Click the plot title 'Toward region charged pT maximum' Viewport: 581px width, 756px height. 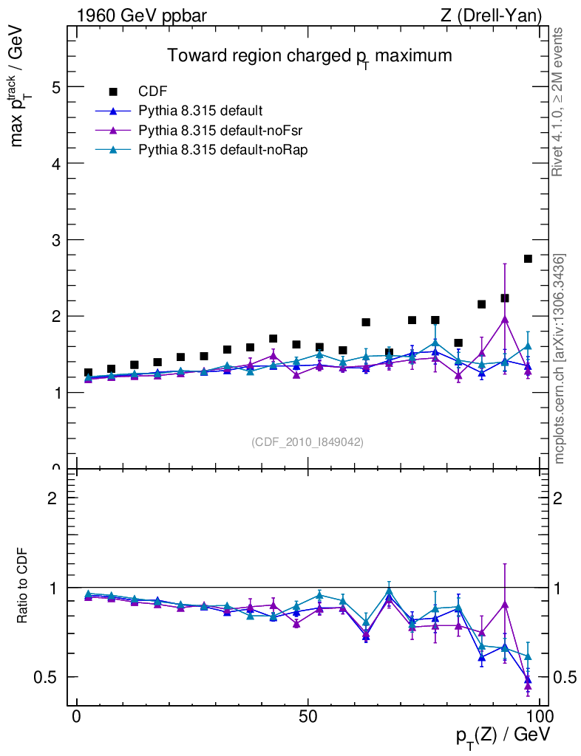pyautogui.click(x=309, y=56)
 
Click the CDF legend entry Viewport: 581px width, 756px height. pyautogui.click(x=153, y=92)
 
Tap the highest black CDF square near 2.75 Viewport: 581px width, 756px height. pyautogui.click(x=528, y=258)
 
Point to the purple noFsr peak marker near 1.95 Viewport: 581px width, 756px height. pyautogui.click(x=505, y=319)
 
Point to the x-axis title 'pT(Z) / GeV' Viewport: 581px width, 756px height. pyautogui.click(x=503, y=737)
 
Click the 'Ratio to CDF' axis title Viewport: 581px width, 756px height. pyautogui.click(x=24, y=586)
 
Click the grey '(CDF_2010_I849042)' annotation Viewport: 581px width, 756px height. pyautogui.click(x=308, y=441)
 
